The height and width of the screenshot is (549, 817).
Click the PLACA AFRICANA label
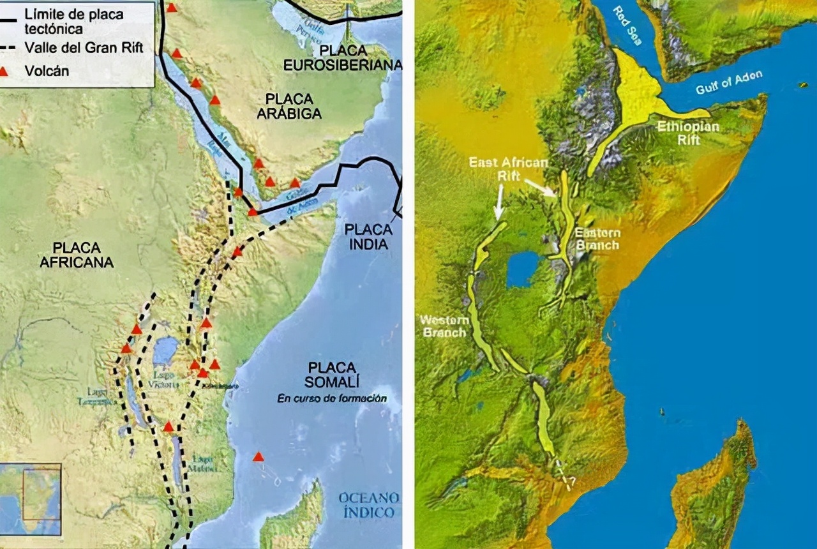76,255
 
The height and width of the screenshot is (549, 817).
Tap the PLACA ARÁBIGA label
289,106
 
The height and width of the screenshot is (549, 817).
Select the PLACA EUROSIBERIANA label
343,57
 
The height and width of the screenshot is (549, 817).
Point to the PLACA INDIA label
366,237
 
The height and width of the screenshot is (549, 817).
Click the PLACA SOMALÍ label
331,375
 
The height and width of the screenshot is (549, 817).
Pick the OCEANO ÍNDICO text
369,504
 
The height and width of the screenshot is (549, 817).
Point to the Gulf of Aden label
729,83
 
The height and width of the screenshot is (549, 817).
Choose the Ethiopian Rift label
688,133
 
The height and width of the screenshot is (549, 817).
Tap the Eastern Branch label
597,238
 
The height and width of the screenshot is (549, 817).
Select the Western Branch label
444,326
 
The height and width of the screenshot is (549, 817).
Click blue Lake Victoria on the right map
523,269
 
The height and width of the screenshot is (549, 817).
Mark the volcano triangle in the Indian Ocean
258,457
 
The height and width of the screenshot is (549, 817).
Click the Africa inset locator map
30,499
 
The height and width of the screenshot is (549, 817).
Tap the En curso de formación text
332,398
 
